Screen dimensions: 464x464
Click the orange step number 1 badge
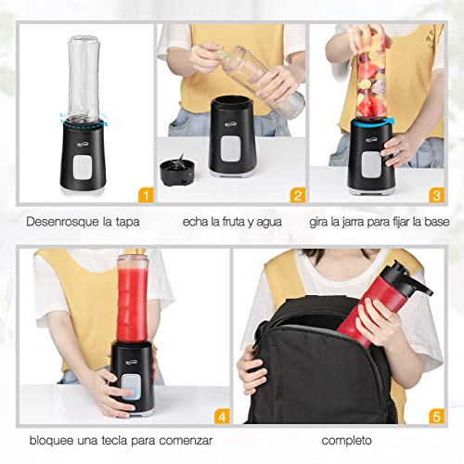[x=145, y=195]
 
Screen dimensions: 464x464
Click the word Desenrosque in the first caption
[x=55, y=223]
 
